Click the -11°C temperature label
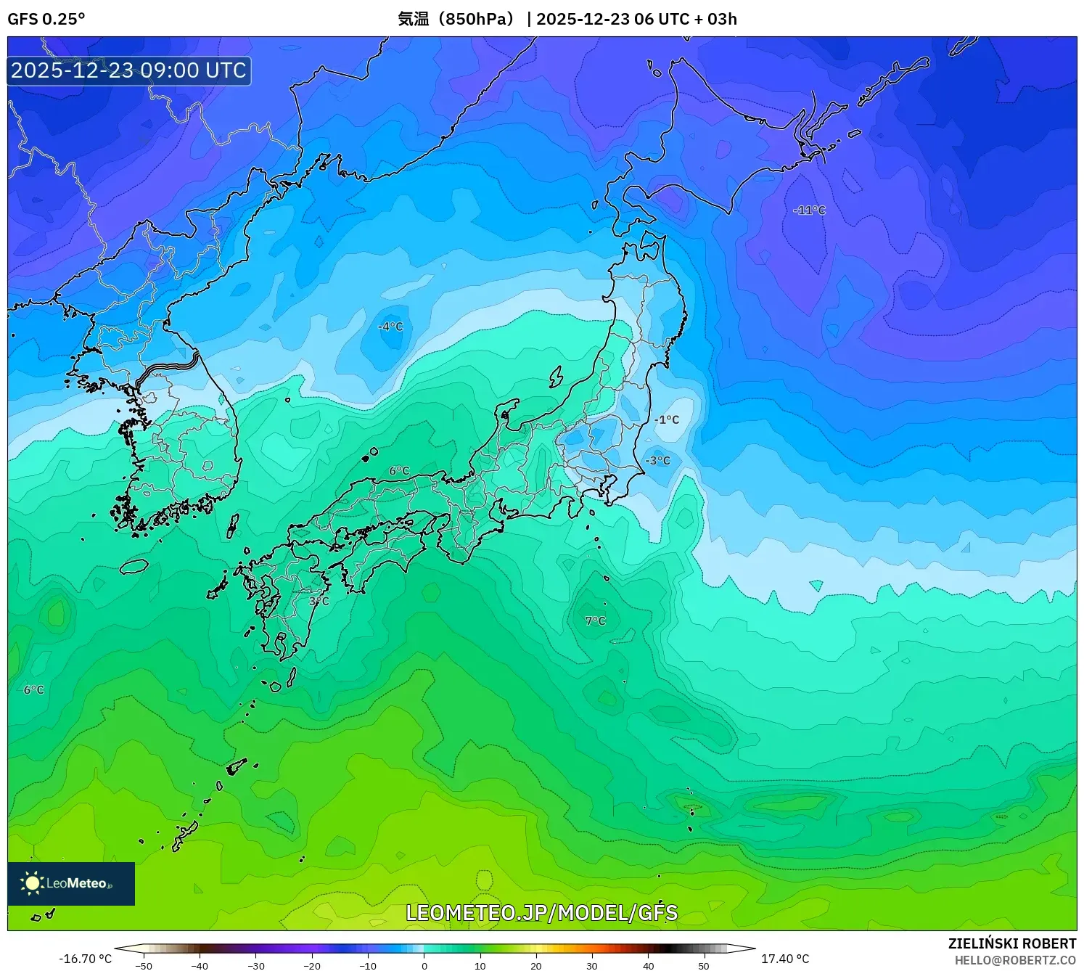[810, 210]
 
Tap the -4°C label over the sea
[390, 327]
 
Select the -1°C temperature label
[667, 419]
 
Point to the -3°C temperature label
[658, 460]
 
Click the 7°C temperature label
[596, 620]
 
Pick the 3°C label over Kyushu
[319, 601]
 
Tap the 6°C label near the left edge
[34, 689]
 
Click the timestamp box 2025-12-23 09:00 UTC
[129, 70]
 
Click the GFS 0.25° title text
[46, 19]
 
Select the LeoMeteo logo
[71, 883]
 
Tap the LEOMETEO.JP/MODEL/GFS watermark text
[541, 912]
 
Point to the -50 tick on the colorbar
[144, 966]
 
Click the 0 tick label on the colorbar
[424, 966]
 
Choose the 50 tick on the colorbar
[704, 966]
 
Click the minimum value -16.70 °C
[86, 959]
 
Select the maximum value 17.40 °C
[785, 959]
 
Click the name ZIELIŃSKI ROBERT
[1012, 943]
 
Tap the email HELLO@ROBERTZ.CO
[1015, 960]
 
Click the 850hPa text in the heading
[480, 19]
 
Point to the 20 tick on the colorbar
[536, 966]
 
